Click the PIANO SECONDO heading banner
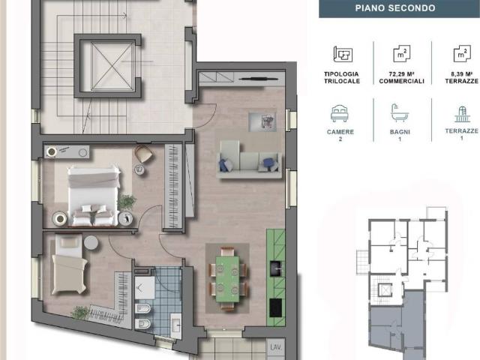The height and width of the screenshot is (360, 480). (399, 8)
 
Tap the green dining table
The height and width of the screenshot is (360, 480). (227, 278)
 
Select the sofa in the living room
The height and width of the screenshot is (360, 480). (249, 159)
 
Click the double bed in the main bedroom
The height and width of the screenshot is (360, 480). (94, 196)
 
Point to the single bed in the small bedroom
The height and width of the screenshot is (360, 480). (69, 264)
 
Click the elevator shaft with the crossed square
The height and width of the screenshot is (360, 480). (112, 66)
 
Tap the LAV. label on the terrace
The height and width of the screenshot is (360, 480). (276, 347)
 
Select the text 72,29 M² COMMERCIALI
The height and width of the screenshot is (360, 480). (401, 77)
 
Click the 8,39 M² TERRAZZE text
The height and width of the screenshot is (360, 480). (462, 77)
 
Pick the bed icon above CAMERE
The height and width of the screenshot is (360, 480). (340, 113)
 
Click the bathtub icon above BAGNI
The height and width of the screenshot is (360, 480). (400, 113)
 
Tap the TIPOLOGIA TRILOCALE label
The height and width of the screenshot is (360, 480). (342, 77)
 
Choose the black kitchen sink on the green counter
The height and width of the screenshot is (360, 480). (277, 268)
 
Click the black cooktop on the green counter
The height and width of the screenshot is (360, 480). (275, 308)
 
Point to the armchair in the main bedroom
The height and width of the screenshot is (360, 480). (143, 154)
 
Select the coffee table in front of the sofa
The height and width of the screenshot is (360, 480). (262, 121)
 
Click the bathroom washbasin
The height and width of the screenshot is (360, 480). (176, 325)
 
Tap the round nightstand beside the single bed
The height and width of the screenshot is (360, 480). (91, 243)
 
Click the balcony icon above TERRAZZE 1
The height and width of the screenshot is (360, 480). (461, 114)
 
